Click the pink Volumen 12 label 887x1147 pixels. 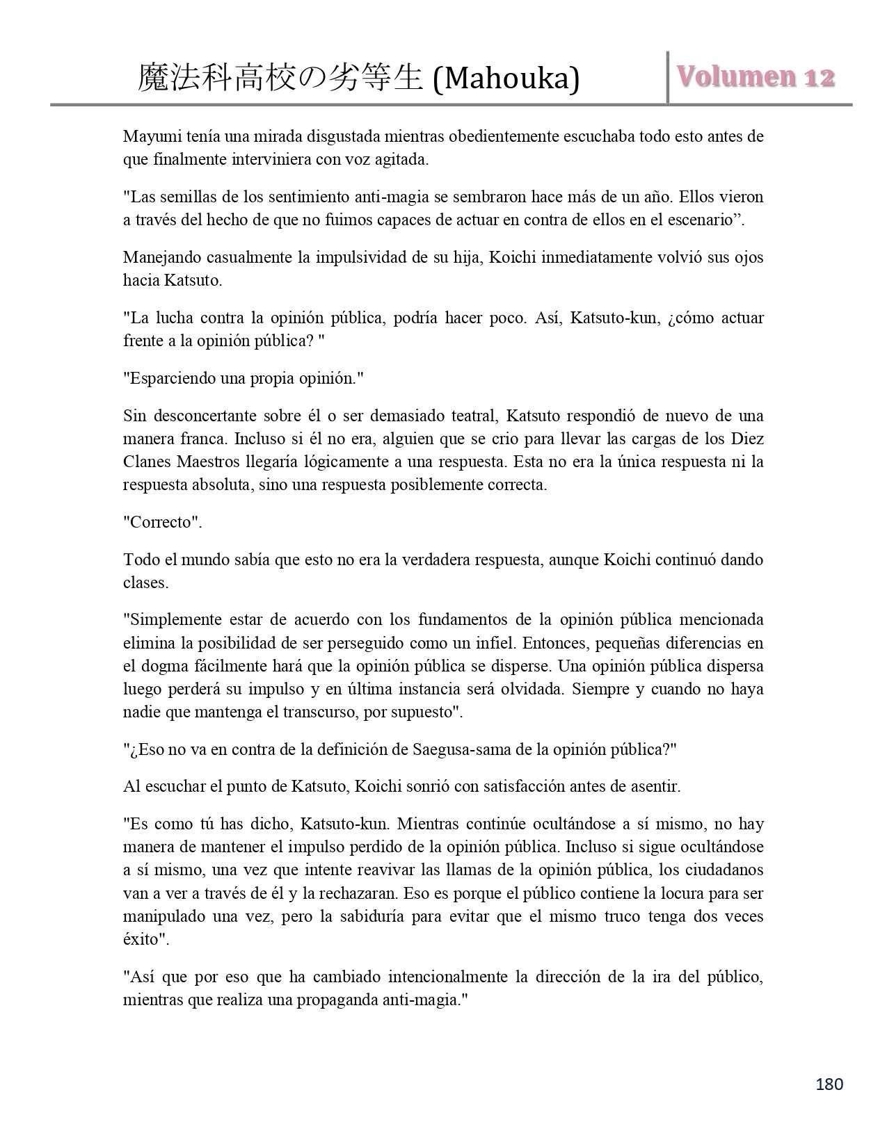point(757,77)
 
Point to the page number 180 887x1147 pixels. point(829,1084)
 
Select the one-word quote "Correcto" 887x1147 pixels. point(163,522)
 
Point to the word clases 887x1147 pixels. point(145,583)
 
